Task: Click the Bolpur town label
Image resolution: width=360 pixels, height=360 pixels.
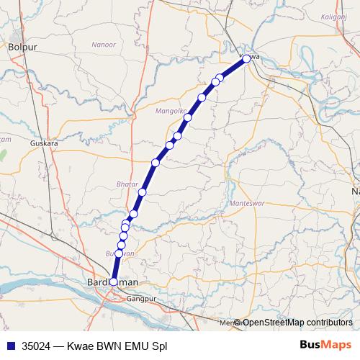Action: pyautogui.click(x=22, y=47)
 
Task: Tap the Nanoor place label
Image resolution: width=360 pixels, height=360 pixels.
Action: pyautogui.click(x=104, y=45)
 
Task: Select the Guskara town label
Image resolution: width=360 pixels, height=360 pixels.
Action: pyautogui.click(x=44, y=143)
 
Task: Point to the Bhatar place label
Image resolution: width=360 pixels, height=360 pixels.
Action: pyautogui.click(x=126, y=185)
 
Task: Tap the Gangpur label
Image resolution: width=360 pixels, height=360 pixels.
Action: pyautogui.click(x=141, y=297)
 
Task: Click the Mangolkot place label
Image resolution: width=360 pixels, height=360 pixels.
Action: pyautogui.click(x=171, y=111)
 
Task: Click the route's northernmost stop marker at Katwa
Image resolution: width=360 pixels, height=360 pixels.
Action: pyautogui.click(x=246, y=58)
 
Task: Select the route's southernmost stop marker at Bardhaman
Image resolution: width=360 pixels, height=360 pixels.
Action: pyautogui.click(x=113, y=282)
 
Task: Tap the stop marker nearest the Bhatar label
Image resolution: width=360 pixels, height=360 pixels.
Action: pyautogui.click(x=143, y=192)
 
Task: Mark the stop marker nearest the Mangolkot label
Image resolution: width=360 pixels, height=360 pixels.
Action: pyautogui.click(x=188, y=117)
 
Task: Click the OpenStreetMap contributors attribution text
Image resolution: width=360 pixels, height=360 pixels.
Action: pyautogui.click(x=297, y=322)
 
